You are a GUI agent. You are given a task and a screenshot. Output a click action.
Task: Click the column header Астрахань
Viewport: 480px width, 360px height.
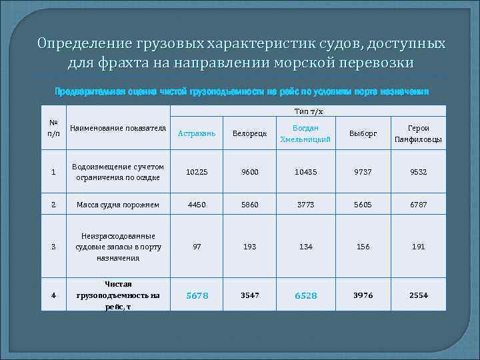click(197, 134)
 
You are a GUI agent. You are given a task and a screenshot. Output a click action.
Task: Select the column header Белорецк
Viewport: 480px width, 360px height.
click(249, 134)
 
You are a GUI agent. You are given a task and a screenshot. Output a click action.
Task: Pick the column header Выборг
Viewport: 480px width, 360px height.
click(363, 134)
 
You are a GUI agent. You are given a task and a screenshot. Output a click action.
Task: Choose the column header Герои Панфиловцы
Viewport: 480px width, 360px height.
click(419, 134)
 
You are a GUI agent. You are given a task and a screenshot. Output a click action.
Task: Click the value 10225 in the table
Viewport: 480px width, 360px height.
click(197, 171)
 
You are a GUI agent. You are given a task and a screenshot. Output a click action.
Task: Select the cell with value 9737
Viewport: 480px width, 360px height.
click(363, 171)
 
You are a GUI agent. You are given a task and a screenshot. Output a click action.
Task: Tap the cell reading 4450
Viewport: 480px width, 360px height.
click(197, 205)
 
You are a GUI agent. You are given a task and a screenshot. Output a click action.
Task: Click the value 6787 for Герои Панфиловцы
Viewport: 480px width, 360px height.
click(419, 205)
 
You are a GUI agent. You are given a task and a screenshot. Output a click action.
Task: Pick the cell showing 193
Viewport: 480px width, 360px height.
click(249, 247)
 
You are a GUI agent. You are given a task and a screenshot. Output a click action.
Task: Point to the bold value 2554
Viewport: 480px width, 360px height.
click(419, 295)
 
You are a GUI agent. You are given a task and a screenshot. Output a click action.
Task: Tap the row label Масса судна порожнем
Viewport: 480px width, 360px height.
click(118, 205)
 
